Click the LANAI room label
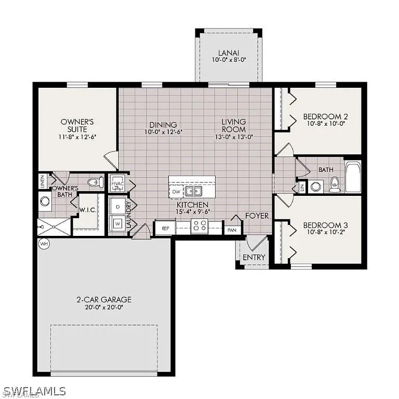[229, 52]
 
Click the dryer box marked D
[117, 206]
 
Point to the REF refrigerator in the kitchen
[165, 228]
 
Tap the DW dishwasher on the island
[176, 192]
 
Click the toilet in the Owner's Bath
[95, 182]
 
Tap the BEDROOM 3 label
[325, 225]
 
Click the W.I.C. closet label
[86, 210]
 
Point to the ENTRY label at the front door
[254, 257]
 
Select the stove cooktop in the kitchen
[199, 225]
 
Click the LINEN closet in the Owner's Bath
[43, 182]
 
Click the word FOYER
[257, 216]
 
